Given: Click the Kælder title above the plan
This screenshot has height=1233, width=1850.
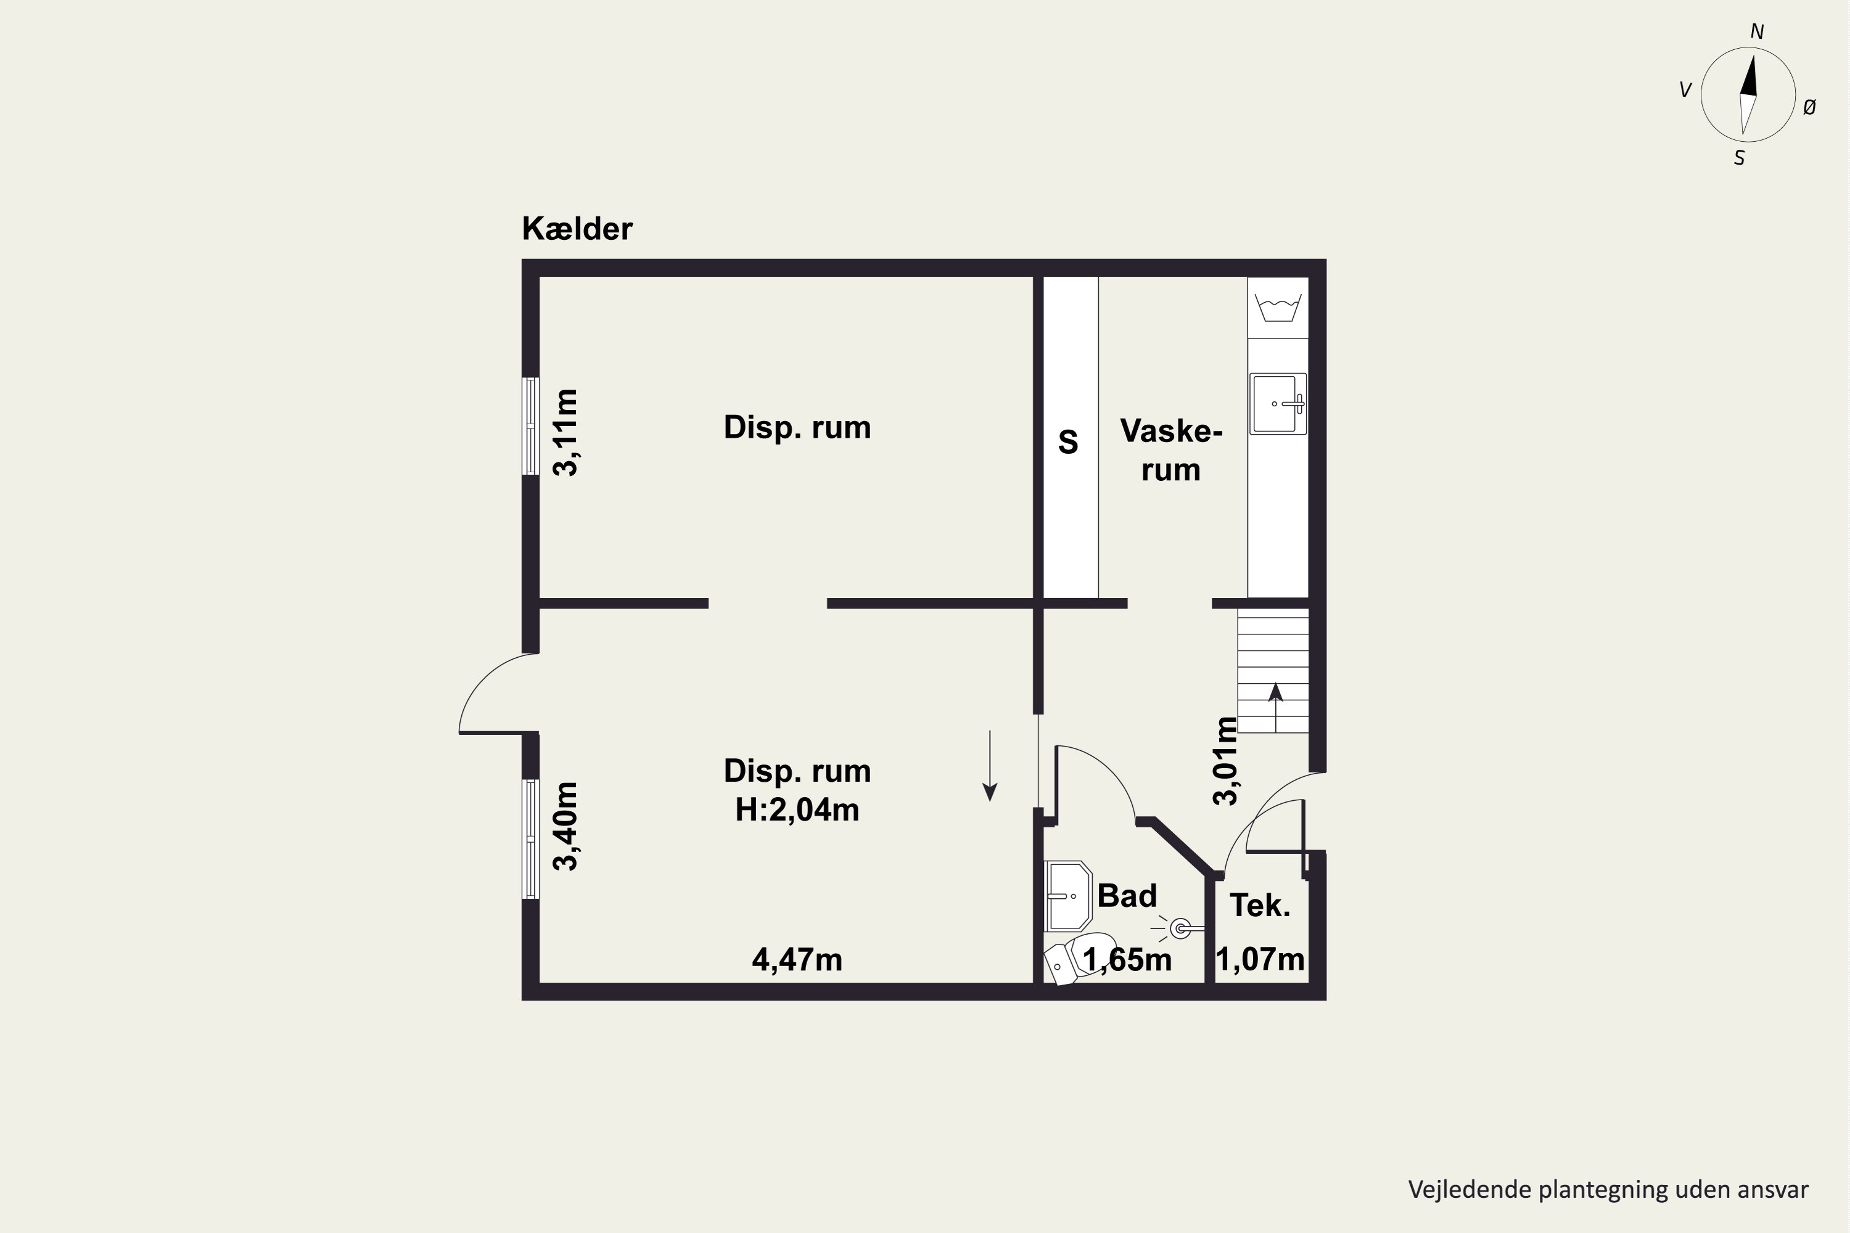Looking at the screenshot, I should click(x=577, y=229).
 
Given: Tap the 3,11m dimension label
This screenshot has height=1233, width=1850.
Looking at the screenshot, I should click(x=565, y=433).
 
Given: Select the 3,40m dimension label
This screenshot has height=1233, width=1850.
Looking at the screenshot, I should click(x=565, y=825).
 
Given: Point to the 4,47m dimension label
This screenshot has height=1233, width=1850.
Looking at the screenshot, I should click(x=797, y=959).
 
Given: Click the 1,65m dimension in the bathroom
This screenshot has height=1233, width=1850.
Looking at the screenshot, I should click(x=1127, y=959).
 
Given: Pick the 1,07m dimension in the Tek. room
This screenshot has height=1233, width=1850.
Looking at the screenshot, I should click(x=1260, y=959).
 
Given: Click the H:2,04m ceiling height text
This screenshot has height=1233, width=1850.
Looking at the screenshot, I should click(x=797, y=810).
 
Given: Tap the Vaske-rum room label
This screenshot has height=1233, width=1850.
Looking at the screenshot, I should click(x=1170, y=450).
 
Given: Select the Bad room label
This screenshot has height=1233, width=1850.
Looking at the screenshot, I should click(x=1127, y=896).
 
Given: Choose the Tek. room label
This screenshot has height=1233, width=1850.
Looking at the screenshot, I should click(x=1260, y=906).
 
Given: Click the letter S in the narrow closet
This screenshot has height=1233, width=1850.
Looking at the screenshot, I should click(x=1067, y=442).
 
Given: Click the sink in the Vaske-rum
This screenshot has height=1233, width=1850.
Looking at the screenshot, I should click(x=1277, y=403).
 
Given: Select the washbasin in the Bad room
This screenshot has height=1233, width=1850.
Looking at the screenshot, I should click(x=1067, y=896).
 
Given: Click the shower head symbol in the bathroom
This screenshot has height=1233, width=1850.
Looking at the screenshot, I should click(x=1180, y=928).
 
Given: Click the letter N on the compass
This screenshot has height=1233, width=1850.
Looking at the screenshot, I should click(x=1756, y=32).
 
